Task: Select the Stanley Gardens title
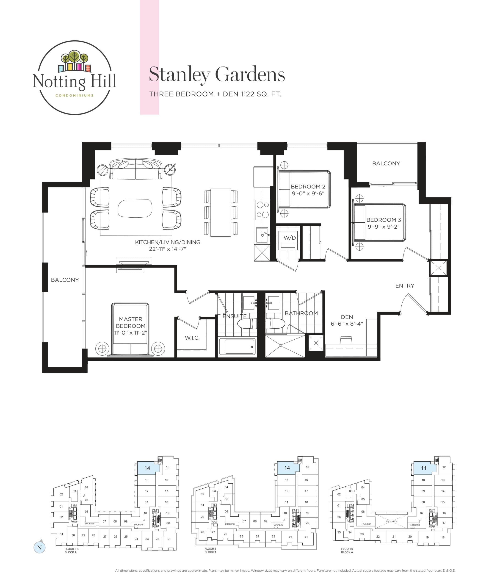click(x=217, y=75)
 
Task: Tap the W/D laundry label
click(x=290, y=238)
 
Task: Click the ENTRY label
click(x=404, y=286)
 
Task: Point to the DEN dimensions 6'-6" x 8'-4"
click(x=347, y=324)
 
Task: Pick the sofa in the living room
click(x=135, y=169)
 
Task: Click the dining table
click(x=221, y=212)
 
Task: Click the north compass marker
click(x=39, y=548)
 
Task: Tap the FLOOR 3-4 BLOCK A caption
click(x=71, y=550)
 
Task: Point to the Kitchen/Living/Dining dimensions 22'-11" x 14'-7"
click(x=167, y=249)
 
